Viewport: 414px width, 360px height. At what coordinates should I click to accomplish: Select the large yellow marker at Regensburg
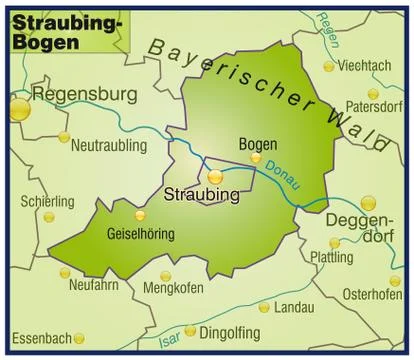(20, 108)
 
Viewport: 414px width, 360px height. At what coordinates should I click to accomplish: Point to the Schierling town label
(47, 201)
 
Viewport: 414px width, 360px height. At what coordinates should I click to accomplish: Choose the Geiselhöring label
(139, 234)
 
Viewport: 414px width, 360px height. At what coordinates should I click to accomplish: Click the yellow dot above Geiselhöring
(139, 215)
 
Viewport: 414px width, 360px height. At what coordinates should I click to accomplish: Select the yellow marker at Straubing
(215, 177)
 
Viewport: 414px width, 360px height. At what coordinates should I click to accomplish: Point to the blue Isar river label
(170, 339)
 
